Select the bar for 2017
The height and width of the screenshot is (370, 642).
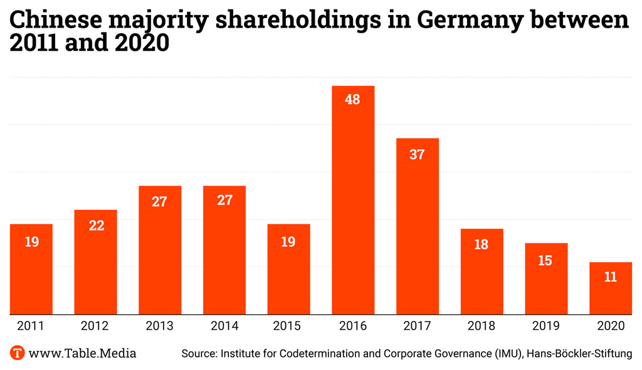pyautogui.click(x=417, y=226)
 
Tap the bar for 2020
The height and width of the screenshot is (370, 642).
pyautogui.click(x=610, y=288)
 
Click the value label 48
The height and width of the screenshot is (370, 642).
pyautogui.click(x=353, y=99)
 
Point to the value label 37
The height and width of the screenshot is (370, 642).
pyautogui.click(x=417, y=154)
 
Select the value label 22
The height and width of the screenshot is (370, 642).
pyautogui.click(x=96, y=226)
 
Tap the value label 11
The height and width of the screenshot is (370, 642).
pyautogui.click(x=610, y=277)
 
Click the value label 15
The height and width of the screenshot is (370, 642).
pyautogui.click(x=545, y=260)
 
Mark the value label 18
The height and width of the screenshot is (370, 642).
pyautogui.click(x=481, y=245)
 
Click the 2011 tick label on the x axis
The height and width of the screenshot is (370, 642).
pyautogui.click(x=31, y=326)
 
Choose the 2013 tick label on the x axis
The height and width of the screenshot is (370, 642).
pyautogui.click(x=160, y=326)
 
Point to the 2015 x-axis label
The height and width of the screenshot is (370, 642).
pyautogui.click(x=288, y=326)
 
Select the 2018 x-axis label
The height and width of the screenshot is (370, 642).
pyautogui.click(x=481, y=326)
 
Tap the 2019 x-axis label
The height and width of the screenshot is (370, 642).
pyautogui.click(x=545, y=326)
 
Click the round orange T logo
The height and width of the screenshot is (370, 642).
pyautogui.click(x=18, y=353)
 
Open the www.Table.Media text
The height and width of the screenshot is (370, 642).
pyautogui.click(x=82, y=354)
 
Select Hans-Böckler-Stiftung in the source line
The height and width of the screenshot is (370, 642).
pyautogui.click(x=580, y=354)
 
